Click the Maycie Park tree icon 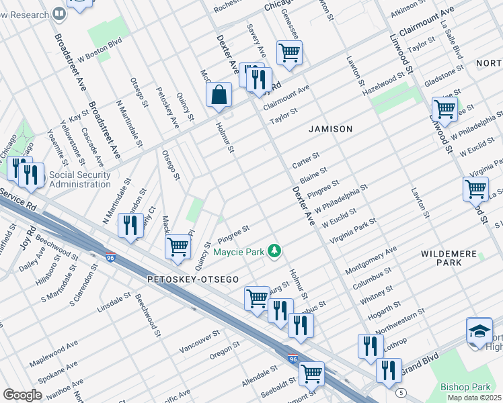[x=274, y=251]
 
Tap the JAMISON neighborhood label [x=330, y=128]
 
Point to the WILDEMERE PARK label [x=451, y=258]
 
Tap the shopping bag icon [x=219, y=95]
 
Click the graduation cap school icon [x=479, y=332]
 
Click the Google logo [x=22, y=395]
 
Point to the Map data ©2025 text [x=473, y=398]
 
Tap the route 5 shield [x=401, y=392]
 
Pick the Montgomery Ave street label [x=370, y=261]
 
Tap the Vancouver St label [x=200, y=342]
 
